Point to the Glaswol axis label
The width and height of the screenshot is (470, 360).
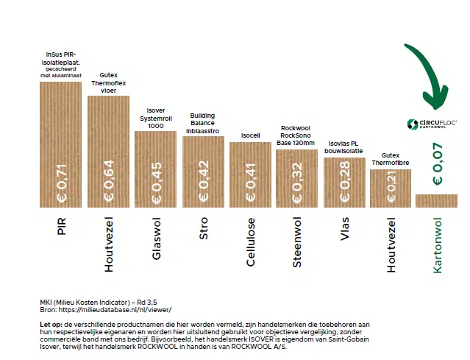click(156, 239)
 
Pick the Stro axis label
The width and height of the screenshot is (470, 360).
click(204, 228)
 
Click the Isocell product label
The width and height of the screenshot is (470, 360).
click(250, 135)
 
